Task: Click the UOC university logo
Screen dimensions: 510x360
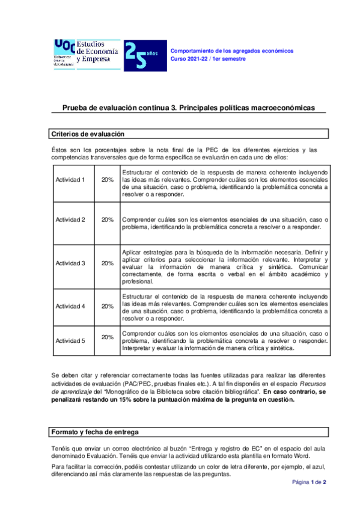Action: (64, 54)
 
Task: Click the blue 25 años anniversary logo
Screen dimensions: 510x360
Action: (141, 56)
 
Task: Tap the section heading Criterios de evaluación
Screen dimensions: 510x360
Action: (88, 134)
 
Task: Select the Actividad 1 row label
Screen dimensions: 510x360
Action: (70, 180)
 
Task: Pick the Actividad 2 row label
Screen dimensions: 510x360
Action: (70, 220)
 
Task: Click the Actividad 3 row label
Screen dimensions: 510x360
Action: (70, 263)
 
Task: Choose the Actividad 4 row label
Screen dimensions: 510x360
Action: (70, 306)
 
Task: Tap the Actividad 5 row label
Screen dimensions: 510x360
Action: (70, 340)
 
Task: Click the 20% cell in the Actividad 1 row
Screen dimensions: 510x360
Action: (108, 180)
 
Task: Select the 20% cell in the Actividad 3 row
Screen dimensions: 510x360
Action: (108, 263)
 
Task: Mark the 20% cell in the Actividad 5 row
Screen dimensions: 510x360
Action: (108, 337)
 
